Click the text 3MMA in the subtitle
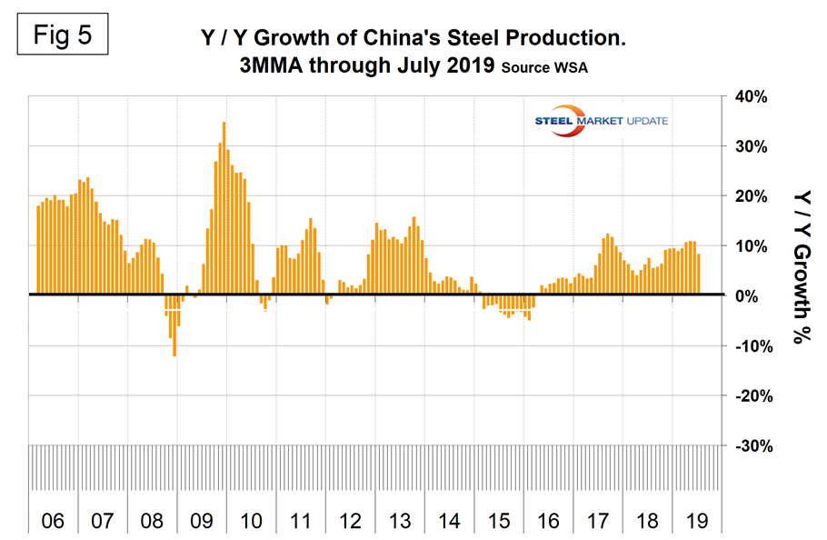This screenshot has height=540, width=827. click(276, 65)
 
